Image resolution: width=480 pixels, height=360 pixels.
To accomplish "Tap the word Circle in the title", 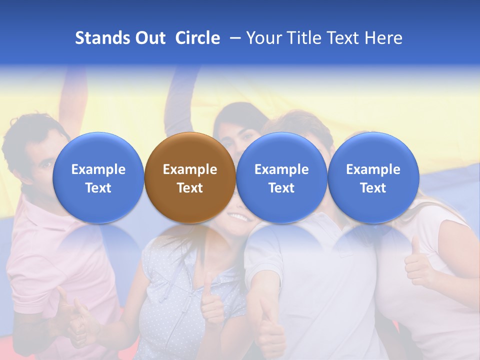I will [197, 38].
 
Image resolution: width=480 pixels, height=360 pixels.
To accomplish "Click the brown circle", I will [190, 178].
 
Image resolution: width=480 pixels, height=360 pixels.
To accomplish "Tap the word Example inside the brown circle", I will [190, 169].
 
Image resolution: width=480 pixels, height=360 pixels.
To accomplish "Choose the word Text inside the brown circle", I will [190, 188].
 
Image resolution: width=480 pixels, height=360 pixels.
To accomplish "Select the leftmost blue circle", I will [98, 178].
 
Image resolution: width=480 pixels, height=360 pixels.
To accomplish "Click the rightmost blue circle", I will [373, 178].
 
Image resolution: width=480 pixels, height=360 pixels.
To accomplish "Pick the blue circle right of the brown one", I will [281, 178].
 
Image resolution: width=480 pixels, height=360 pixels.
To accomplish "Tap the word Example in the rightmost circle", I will [373, 169].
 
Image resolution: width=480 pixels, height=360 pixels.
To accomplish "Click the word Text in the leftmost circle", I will [98, 188].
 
